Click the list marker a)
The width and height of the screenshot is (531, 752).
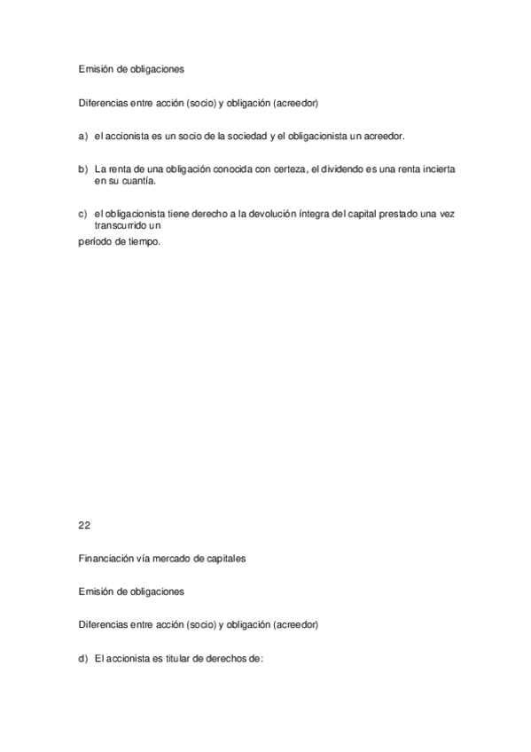82,137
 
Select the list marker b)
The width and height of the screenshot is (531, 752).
82,168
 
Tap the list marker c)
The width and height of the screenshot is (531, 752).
82,214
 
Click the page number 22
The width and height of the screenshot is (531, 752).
84,525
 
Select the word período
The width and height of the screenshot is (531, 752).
94,241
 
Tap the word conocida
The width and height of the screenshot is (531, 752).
219,168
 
